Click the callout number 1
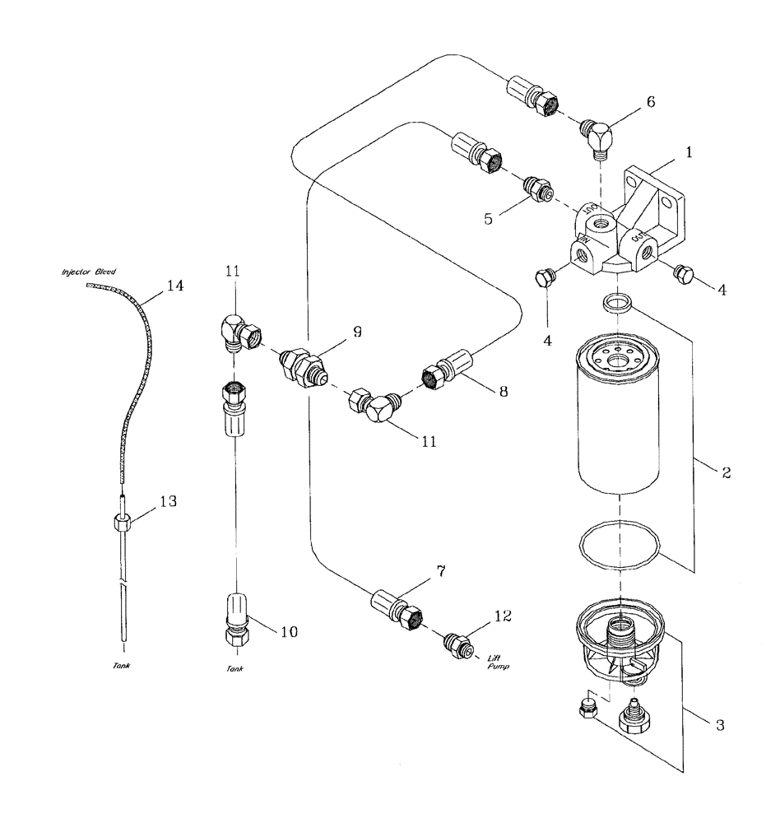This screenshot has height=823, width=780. pyautogui.click(x=688, y=152)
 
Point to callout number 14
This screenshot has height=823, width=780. pyautogui.click(x=174, y=286)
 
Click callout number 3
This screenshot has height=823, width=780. pyautogui.click(x=719, y=725)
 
